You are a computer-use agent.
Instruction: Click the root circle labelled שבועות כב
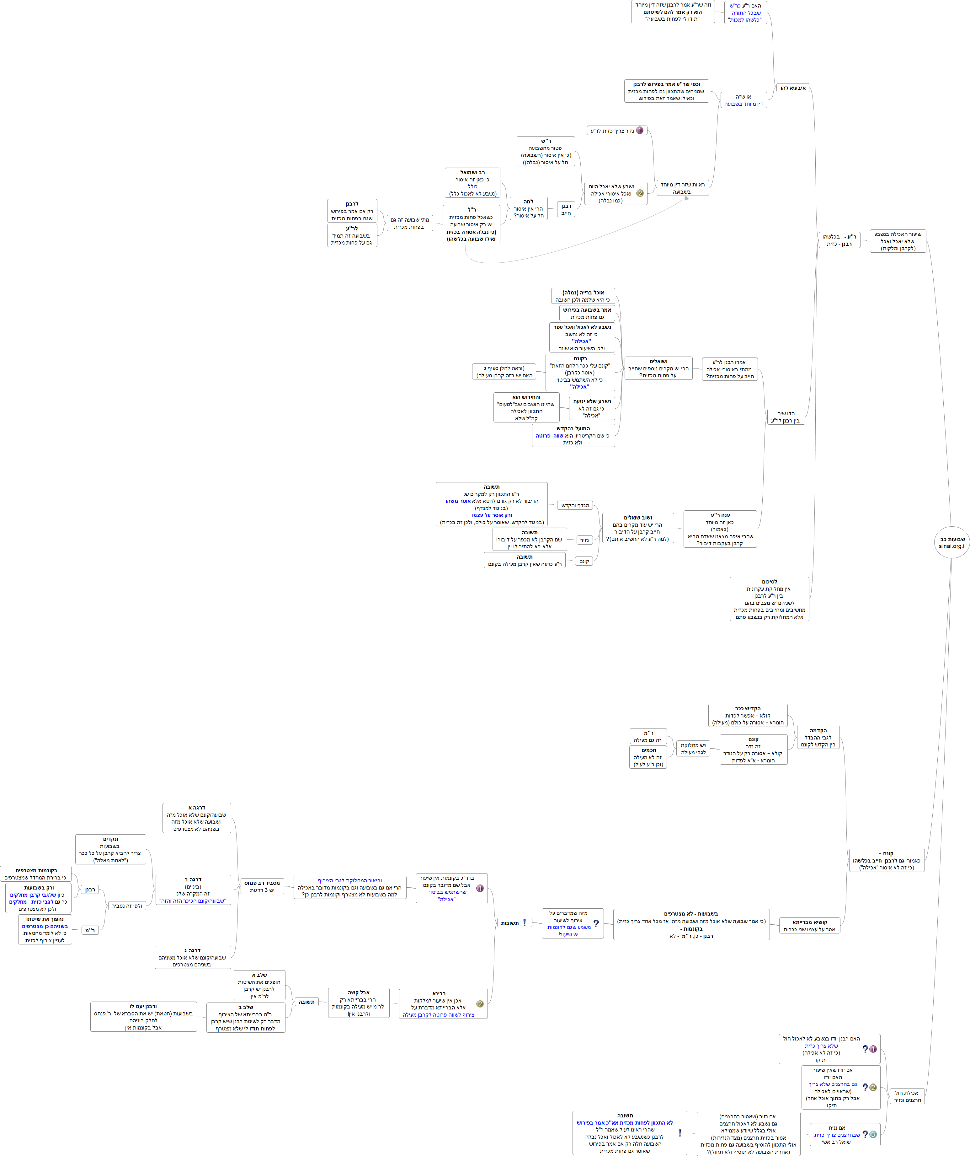click(x=951, y=542)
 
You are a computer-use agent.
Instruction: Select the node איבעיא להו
click(x=793, y=88)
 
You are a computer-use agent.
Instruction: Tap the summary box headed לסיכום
click(x=769, y=599)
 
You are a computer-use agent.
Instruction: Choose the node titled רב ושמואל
click(x=472, y=183)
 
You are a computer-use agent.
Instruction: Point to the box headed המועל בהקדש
click(x=573, y=435)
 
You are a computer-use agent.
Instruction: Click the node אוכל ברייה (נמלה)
click(x=583, y=296)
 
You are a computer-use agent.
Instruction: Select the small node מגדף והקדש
click(x=575, y=505)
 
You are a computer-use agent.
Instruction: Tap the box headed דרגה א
click(x=196, y=818)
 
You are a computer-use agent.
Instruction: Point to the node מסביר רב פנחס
click(x=262, y=886)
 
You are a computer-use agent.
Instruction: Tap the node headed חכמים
click(x=648, y=757)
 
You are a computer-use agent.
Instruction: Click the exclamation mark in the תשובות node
click(x=524, y=922)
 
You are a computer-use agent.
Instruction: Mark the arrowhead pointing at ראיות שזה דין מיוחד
click(x=686, y=198)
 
